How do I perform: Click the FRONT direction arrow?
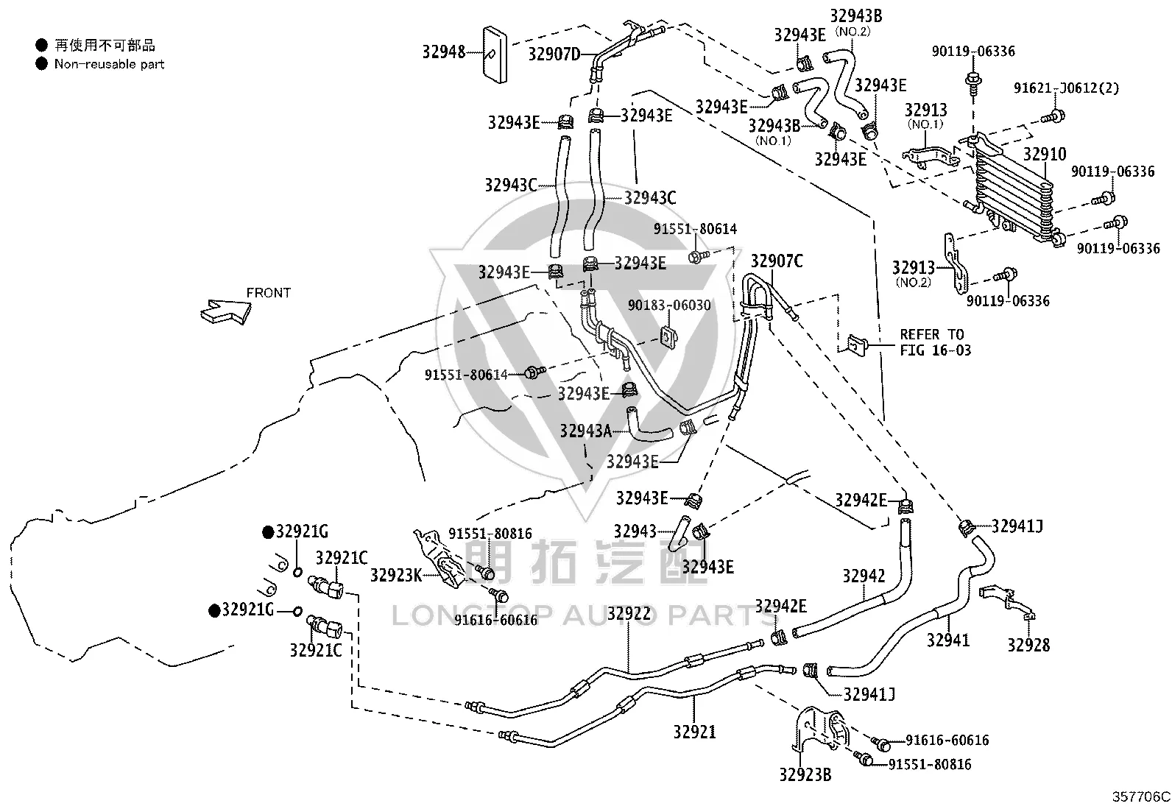coord(225,311)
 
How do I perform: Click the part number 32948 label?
coord(444,52)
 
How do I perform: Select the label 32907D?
coord(554,54)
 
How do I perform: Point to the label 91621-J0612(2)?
coord(1066,88)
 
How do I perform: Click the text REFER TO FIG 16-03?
coord(936,342)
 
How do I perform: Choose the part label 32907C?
coord(777,261)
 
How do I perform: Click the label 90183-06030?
coord(669,305)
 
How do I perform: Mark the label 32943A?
coord(585,431)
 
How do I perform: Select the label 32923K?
coord(396,576)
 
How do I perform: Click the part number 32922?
coord(629,613)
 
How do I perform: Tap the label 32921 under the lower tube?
coord(694,732)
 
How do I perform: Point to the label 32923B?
coord(805,774)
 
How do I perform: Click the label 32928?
coord(1028,645)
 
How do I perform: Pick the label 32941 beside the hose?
coord(948,640)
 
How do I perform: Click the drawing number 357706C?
coord(1140,797)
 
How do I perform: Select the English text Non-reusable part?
coord(110,64)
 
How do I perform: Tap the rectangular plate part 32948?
coord(495,54)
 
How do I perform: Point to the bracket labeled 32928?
coord(1006,601)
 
